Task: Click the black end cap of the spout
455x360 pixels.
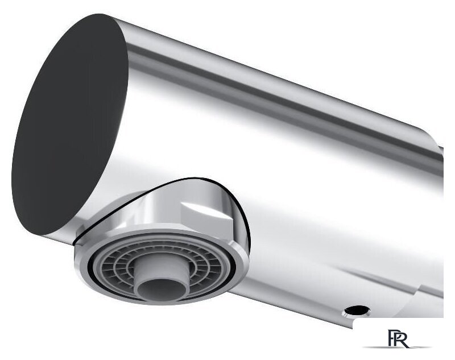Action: [69, 125]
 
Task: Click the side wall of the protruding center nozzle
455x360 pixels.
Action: [160, 268]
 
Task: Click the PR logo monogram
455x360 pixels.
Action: [398, 338]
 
